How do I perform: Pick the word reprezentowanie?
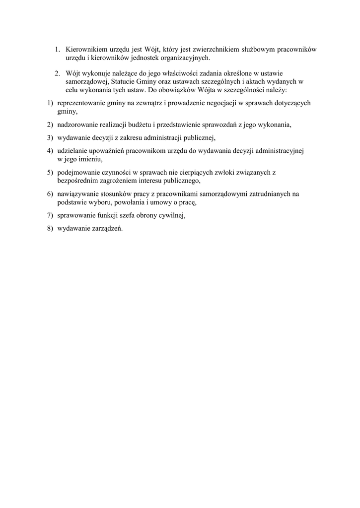[x=81, y=103]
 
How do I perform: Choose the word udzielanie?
[x=73, y=150]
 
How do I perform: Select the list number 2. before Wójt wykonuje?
[x=58, y=73]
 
